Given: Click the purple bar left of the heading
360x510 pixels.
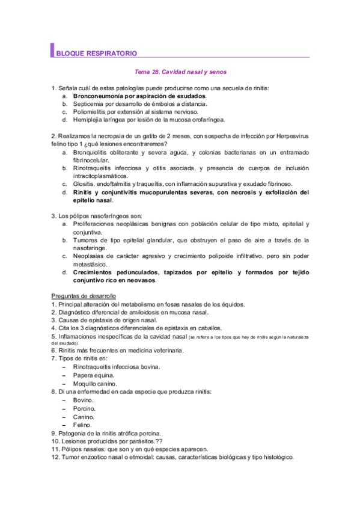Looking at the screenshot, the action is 53,51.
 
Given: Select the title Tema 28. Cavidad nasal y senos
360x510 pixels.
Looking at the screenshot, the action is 180,72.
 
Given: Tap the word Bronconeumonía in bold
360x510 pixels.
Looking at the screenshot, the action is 99,96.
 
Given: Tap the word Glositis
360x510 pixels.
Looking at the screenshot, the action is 85,183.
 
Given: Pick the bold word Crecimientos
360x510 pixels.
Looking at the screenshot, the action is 99,272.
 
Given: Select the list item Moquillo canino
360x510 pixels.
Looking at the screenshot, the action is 97,383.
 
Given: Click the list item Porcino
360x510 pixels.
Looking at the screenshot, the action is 84,408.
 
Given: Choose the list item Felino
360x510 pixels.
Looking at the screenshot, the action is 82,425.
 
